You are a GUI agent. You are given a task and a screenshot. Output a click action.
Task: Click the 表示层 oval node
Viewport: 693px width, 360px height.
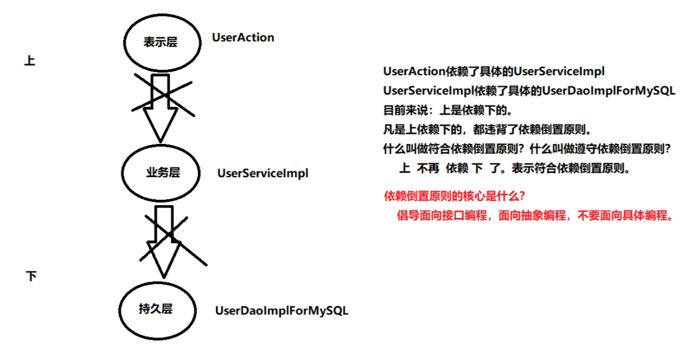pos(162,41)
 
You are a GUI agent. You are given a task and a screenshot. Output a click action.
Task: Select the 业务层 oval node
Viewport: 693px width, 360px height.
pos(162,172)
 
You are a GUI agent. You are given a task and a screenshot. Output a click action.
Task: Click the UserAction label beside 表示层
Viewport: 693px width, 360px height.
pos(243,38)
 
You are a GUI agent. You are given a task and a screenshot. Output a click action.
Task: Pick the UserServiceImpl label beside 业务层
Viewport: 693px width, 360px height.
pos(263,173)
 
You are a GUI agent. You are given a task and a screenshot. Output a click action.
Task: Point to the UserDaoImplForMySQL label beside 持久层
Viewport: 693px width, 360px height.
pos(282,311)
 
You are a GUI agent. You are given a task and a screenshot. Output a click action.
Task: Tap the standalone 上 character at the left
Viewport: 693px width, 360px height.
pos(29,61)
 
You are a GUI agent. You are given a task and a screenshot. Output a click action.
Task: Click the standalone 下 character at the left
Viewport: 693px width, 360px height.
pos(31,277)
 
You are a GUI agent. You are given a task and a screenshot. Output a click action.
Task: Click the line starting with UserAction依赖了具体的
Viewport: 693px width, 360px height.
pos(494,72)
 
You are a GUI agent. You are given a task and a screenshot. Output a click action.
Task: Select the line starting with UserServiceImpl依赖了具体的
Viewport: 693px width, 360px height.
pos(529,91)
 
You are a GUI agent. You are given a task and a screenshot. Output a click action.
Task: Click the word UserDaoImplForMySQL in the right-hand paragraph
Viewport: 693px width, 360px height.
pos(609,91)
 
